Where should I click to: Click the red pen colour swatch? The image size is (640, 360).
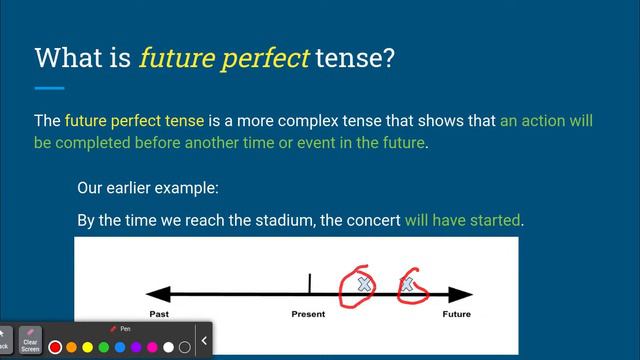pos(56,347)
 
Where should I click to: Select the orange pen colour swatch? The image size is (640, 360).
pos(72,347)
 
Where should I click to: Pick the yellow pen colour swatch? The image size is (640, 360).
pos(88,347)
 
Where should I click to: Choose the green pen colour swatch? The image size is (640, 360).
pos(104,347)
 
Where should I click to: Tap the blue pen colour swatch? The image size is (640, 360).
pos(120,347)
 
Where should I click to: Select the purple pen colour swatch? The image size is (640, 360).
pos(136,347)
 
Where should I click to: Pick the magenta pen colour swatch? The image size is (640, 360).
pos(152,347)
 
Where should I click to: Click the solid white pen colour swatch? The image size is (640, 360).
pos(168,347)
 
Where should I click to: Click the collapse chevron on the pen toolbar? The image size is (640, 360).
pos(204,341)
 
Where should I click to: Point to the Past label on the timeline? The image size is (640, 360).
pos(159,314)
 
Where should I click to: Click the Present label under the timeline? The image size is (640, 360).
pos(308,314)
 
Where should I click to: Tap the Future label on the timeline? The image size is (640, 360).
pos(456,314)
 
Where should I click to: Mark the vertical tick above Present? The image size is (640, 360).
pos(309,284)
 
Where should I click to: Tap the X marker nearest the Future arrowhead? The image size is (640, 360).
pos(407,288)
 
